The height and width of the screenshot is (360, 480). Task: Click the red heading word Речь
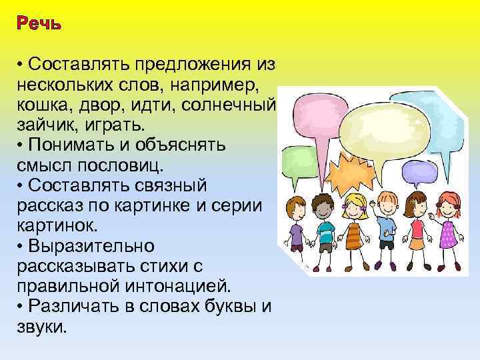coord(39,24)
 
